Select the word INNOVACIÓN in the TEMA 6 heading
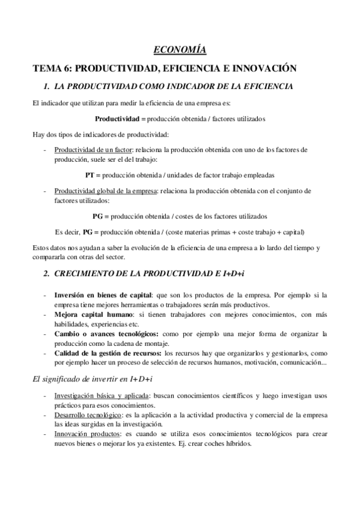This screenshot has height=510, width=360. (260, 67)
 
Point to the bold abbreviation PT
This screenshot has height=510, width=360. (91, 176)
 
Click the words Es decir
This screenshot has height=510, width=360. (50, 232)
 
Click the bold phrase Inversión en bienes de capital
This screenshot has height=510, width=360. (103, 295)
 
